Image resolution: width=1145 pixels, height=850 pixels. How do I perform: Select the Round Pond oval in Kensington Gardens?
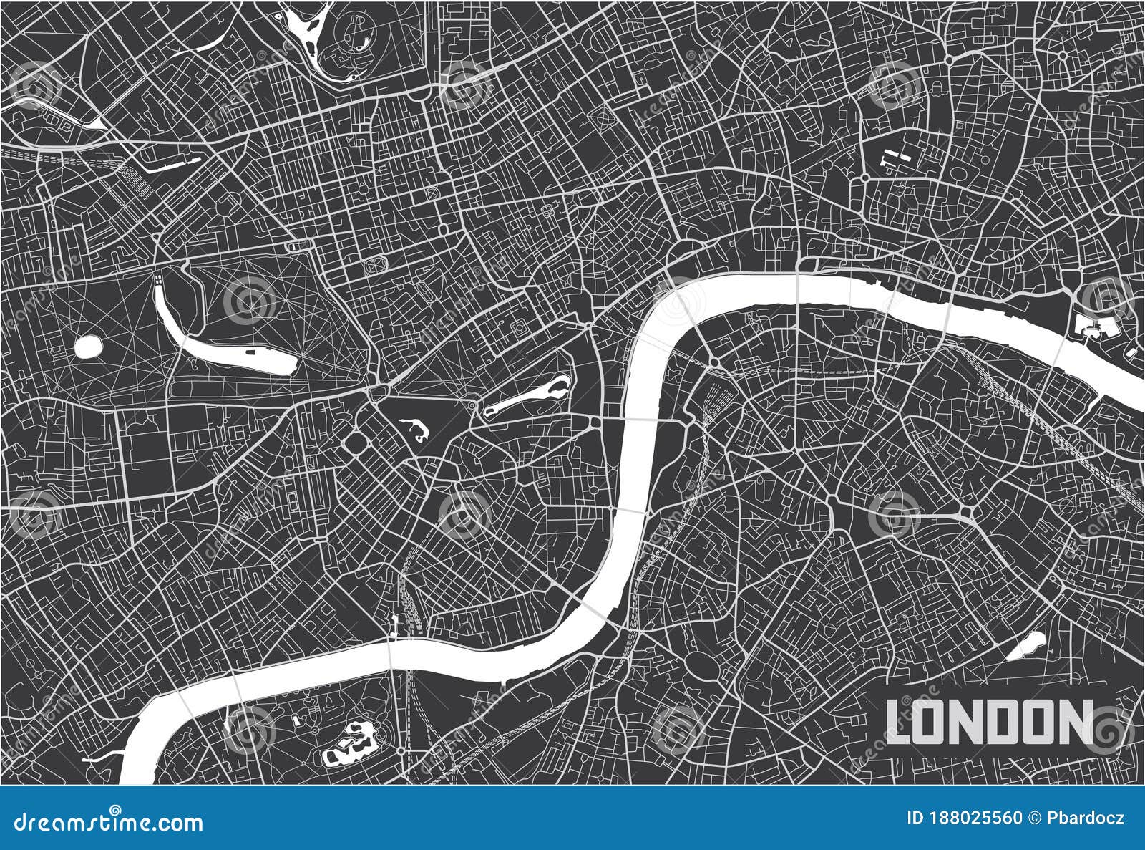pyautogui.click(x=88, y=348)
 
